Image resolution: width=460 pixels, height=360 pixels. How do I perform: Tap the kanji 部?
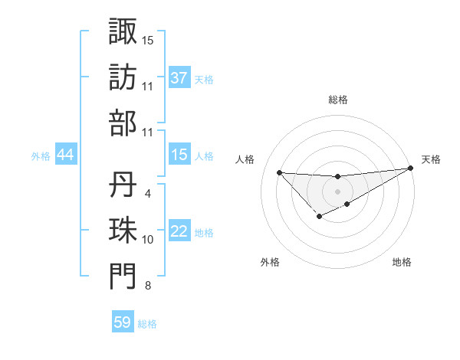123,123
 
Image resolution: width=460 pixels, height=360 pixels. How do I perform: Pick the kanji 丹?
123,185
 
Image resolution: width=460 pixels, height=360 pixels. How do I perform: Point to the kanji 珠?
123,231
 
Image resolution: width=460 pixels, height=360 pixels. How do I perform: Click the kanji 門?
123,277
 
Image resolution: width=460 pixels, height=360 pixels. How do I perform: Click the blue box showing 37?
179,77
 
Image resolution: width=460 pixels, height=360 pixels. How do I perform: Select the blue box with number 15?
179,155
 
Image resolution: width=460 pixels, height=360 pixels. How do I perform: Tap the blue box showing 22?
179,231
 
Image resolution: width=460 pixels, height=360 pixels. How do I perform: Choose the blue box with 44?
66,155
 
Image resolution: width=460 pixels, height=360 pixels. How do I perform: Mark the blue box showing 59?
123,322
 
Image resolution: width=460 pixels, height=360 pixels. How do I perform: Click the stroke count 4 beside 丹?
147,195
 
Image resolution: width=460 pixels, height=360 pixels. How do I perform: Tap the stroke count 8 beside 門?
147,286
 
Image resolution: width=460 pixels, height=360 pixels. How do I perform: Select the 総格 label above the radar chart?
337,100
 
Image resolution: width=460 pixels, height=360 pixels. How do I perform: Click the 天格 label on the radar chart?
432,159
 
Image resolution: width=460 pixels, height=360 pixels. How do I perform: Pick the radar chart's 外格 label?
270,262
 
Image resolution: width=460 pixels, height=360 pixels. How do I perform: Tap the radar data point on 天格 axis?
411,169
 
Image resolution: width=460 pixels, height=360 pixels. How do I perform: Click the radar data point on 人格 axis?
279,172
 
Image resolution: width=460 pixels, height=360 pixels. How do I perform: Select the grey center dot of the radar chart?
337,191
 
